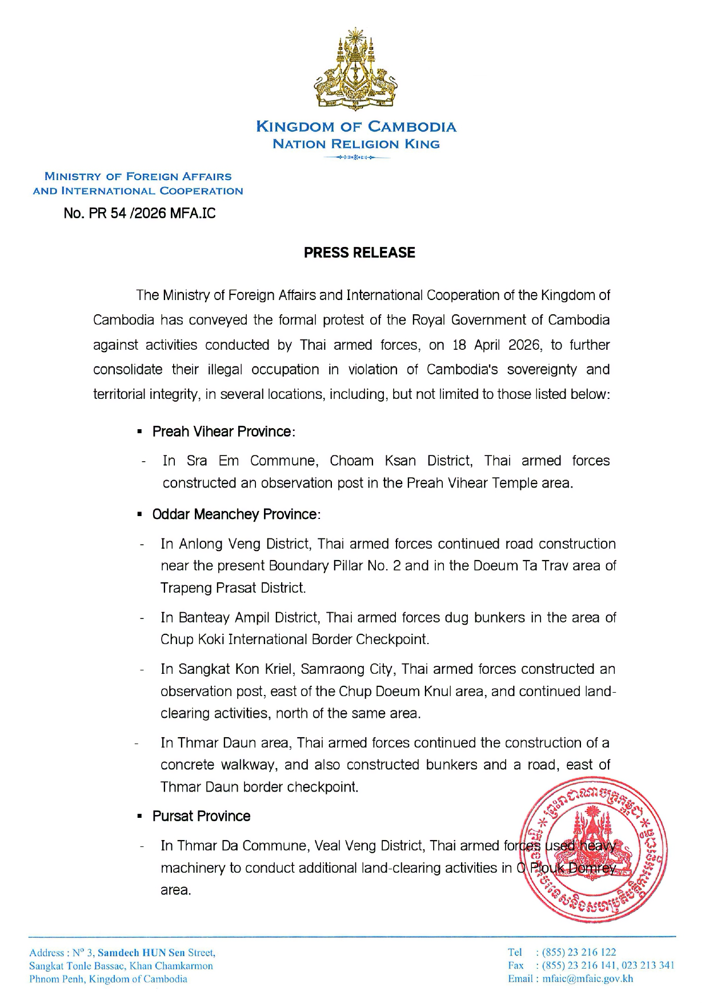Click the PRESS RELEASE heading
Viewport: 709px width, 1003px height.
[x=359, y=253]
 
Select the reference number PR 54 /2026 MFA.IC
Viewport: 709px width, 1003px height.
[x=140, y=214]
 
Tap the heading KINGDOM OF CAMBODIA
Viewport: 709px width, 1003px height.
[x=356, y=127]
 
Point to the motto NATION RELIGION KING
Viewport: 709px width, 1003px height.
[x=356, y=144]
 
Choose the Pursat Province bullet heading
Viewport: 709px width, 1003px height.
[x=201, y=816]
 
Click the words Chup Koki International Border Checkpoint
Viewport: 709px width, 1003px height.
[x=294, y=640]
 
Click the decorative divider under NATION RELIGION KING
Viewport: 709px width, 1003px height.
[x=356, y=157]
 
